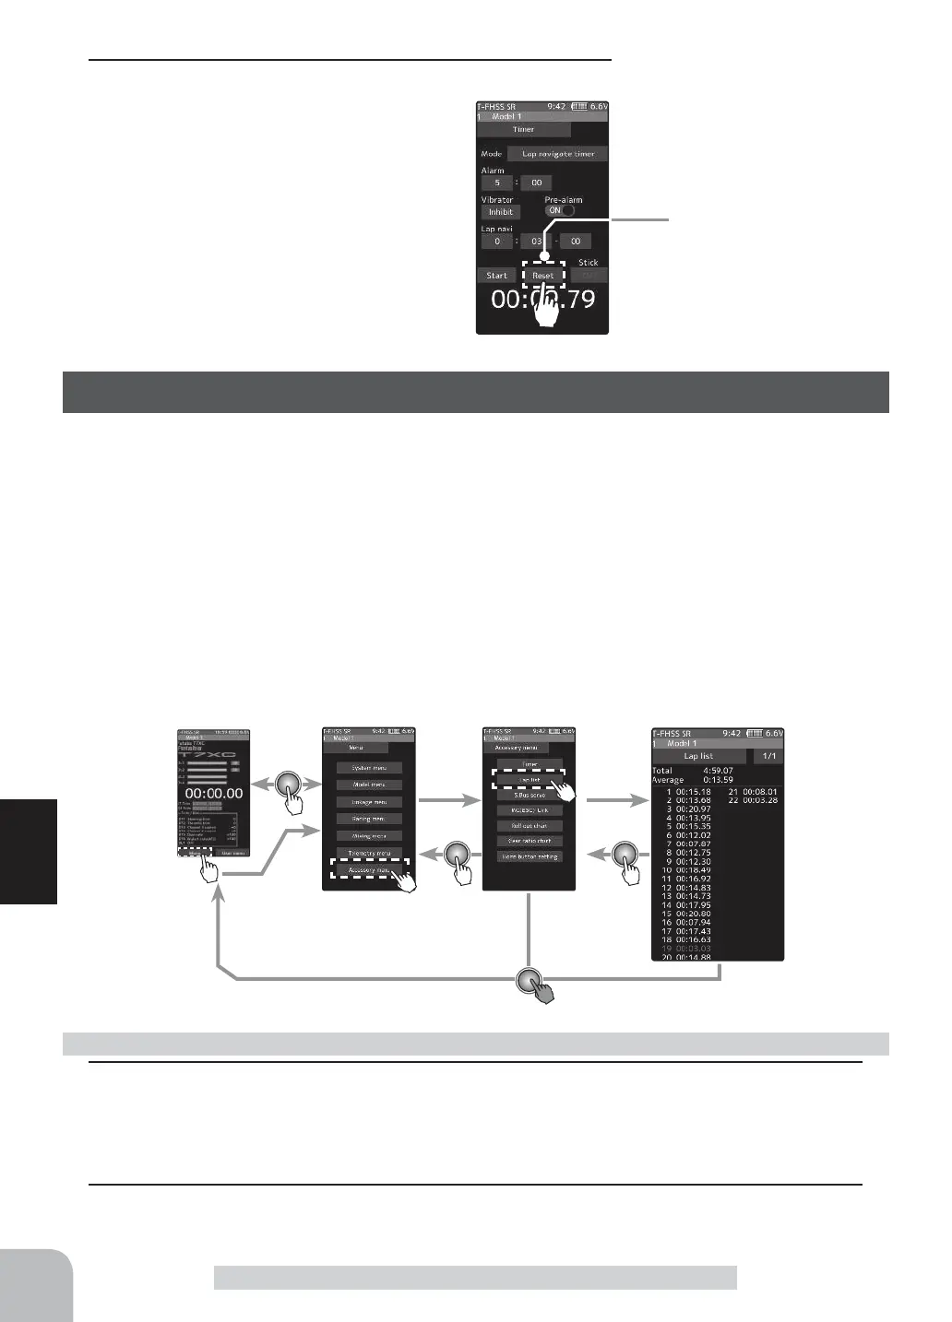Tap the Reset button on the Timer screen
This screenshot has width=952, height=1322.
click(542, 275)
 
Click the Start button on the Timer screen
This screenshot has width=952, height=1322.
click(496, 275)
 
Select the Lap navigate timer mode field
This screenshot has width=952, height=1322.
click(557, 154)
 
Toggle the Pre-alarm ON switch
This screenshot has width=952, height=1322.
click(559, 210)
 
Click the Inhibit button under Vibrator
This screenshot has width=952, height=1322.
click(500, 212)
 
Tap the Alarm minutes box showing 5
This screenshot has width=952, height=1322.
click(496, 183)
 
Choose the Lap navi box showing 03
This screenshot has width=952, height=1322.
click(536, 242)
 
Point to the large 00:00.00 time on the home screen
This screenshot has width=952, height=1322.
click(213, 792)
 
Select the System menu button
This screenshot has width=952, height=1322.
click(368, 768)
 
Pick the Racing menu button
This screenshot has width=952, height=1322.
click(368, 819)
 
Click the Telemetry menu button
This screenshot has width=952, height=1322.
click(368, 853)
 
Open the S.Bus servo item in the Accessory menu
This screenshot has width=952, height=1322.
click(529, 795)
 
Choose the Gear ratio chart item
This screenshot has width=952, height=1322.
click(529, 841)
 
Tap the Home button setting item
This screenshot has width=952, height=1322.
click(529, 856)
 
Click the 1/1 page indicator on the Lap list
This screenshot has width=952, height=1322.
click(768, 756)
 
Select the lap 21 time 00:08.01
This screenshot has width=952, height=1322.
click(759, 792)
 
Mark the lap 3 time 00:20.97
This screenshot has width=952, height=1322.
click(693, 809)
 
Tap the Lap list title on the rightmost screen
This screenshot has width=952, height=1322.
click(698, 756)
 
